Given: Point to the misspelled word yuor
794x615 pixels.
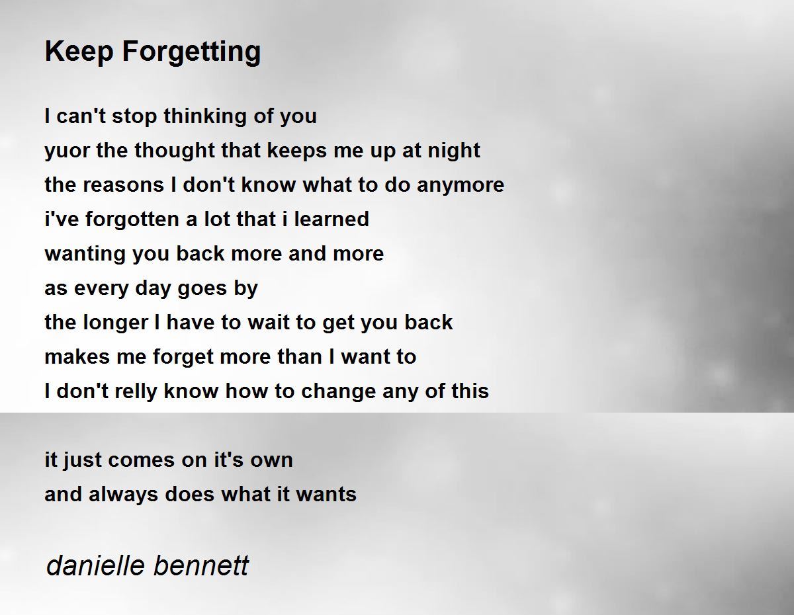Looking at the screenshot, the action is click(67, 151).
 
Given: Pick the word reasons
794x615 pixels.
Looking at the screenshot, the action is click(124, 185).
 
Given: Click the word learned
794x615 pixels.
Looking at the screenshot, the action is click(331, 219).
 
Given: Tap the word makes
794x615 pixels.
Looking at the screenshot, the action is click(77, 357).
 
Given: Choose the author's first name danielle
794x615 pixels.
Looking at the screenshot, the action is click(96, 566).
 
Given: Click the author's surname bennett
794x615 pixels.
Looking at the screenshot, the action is click(201, 566).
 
